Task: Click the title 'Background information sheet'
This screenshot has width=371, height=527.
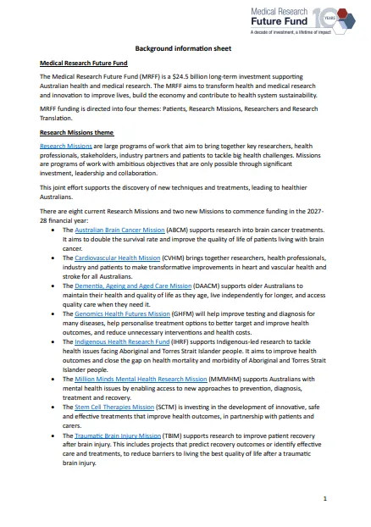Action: (x=185, y=49)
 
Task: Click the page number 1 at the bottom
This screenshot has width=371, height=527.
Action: (x=324, y=499)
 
